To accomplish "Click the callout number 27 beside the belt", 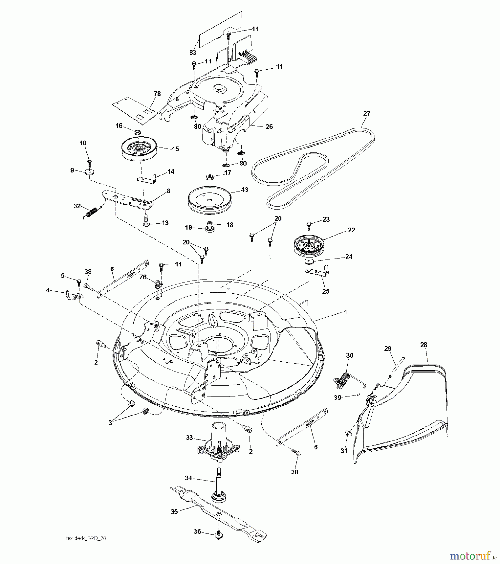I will pyautogui.click(x=367, y=113).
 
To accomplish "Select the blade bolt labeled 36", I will pyautogui.click(x=219, y=535).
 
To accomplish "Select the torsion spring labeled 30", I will pyautogui.click(x=344, y=378).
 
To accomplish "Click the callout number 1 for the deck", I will pyautogui.click(x=346, y=312).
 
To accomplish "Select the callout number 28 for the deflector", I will pyautogui.click(x=424, y=345).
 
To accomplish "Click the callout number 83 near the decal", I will pyautogui.click(x=193, y=52).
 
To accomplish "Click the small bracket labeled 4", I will pyautogui.click(x=74, y=295).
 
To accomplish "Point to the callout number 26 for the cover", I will pyautogui.click(x=269, y=127).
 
